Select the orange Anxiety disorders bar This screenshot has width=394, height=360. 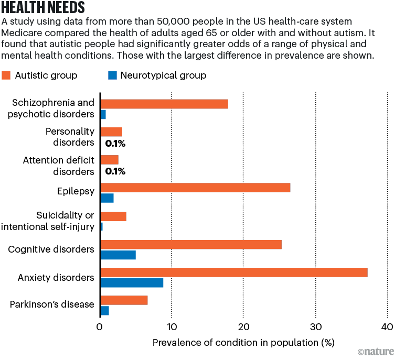point(233,272)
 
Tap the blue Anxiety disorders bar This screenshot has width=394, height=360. point(131,283)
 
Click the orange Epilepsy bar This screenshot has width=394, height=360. point(195,188)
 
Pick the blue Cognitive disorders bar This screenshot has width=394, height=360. point(118,255)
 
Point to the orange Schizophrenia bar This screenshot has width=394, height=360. point(164,104)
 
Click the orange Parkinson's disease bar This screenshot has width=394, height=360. point(124,300)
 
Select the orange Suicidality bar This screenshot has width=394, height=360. point(113,216)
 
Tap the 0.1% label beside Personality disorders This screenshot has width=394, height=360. point(115,143)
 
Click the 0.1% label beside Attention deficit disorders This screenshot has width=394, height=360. point(115,171)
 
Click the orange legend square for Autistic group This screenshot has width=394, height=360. point(6,75)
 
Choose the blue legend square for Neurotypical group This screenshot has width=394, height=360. point(111,75)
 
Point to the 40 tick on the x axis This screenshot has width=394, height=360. point(387,327)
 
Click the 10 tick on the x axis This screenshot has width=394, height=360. point(172,327)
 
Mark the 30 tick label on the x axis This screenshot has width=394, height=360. point(315,327)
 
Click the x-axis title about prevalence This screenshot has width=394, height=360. point(243,343)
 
